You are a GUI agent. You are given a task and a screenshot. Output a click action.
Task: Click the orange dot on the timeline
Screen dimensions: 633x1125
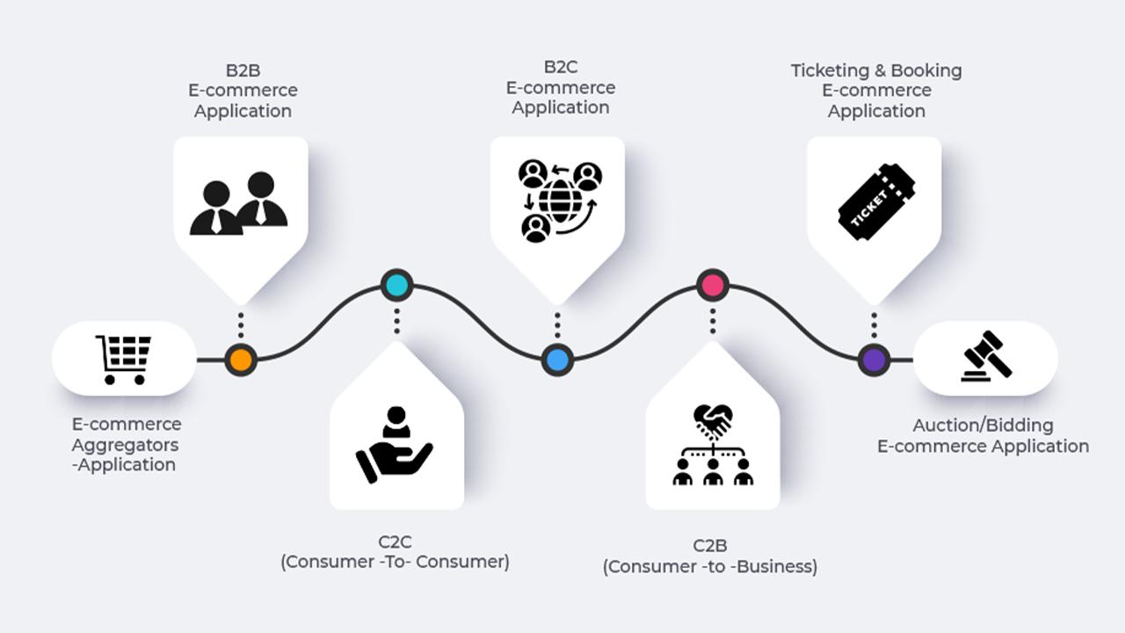(x=240, y=360)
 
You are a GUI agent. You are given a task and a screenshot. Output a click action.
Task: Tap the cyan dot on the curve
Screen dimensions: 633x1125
(x=396, y=285)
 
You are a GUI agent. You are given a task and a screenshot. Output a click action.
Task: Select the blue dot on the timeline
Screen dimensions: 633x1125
(x=556, y=360)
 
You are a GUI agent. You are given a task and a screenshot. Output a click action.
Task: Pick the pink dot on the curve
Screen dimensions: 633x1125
(x=713, y=285)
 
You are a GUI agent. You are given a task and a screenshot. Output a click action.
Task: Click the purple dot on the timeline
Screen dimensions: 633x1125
(x=874, y=360)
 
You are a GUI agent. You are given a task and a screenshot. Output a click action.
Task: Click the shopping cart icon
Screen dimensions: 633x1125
(x=124, y=359)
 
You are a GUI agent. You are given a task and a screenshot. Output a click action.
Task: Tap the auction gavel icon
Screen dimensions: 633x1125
(x=986, y=356)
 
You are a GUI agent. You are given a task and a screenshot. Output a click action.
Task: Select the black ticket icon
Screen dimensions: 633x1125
(x=875, y=201)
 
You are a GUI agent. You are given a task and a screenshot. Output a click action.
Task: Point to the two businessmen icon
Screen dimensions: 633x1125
(x=239, y=204)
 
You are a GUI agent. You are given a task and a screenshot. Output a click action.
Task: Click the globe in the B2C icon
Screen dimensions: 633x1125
(x=560, y=200)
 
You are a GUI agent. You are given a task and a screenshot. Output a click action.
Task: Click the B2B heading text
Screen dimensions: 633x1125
(x=243, y=69)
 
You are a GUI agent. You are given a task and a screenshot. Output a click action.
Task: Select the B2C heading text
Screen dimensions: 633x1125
(x=560, y=67)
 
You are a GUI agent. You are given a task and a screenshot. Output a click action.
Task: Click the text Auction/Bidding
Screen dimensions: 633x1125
(x=983, y=426)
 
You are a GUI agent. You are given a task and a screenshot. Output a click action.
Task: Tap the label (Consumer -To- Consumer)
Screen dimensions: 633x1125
(x=395, y=562)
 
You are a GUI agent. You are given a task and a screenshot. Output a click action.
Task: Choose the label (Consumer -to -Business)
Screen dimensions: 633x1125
(x=710, y=567)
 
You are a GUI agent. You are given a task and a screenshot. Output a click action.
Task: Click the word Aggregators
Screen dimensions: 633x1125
(x=125, y=445)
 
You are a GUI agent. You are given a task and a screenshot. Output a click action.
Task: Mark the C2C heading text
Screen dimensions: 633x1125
(x=395, y=542)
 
